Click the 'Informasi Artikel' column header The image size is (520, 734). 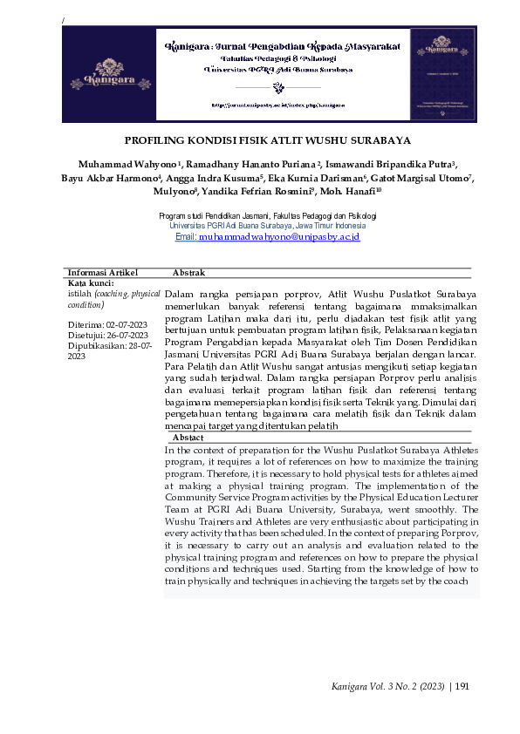pos(103,273)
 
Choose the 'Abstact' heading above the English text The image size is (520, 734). pos(188,437)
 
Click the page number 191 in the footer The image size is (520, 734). pos(462,687)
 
